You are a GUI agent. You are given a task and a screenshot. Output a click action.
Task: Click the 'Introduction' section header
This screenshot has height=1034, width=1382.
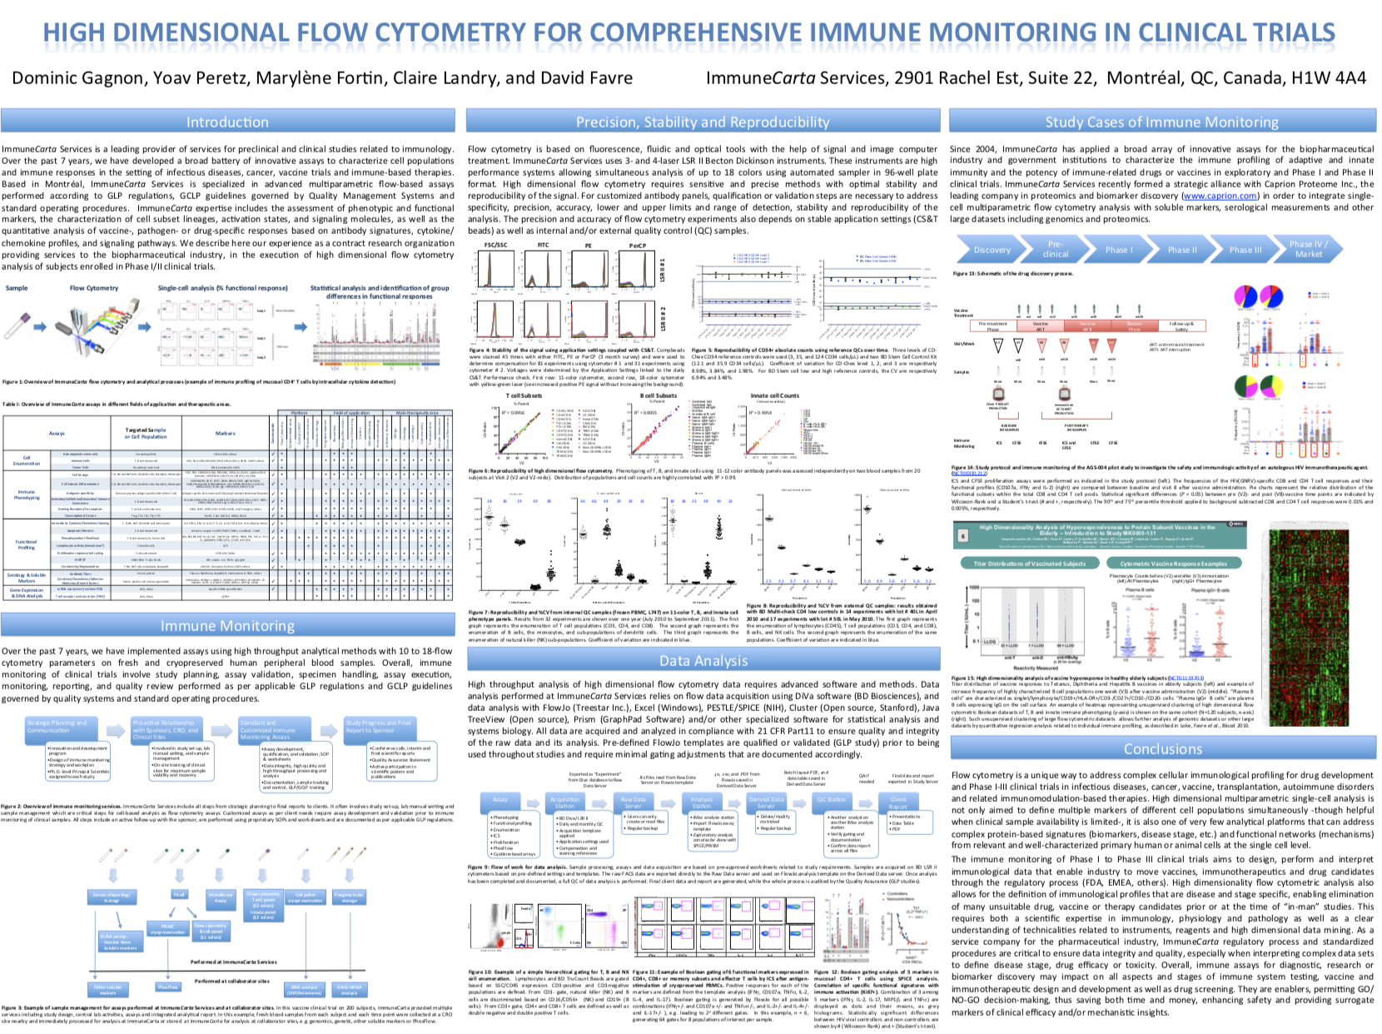click(227, 122)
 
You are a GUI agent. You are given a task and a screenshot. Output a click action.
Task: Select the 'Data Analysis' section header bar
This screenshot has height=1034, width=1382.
click(703, 660)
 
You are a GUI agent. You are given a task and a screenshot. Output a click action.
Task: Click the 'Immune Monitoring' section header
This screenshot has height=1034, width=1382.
click(227, 625)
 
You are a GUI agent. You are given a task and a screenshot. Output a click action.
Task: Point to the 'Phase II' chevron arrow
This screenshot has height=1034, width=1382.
click(1181, 250)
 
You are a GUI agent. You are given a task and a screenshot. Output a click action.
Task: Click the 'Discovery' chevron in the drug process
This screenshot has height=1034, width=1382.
click(992, 250)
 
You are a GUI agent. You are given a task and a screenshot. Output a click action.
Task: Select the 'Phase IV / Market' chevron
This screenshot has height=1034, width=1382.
click(1307, 249)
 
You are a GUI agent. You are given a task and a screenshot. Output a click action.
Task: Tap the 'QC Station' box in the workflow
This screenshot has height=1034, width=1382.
click(831, 800)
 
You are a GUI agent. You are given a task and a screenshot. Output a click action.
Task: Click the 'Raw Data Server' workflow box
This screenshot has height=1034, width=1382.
click(633, 803)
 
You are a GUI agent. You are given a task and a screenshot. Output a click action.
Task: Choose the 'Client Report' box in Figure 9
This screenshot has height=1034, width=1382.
click(897, 803)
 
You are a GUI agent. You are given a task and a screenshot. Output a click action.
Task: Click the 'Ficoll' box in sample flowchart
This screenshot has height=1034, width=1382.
click(179, 894)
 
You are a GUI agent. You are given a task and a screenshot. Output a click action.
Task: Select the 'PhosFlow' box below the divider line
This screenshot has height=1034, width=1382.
click(168, 987)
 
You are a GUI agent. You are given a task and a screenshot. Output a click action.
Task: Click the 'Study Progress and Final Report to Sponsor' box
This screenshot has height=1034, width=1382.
click(379, 727)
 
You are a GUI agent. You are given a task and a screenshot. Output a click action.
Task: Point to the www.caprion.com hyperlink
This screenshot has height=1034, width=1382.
click(1208, 196)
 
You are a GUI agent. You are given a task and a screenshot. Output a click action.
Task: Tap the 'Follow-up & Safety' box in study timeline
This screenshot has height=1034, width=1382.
click(1181, 326)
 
